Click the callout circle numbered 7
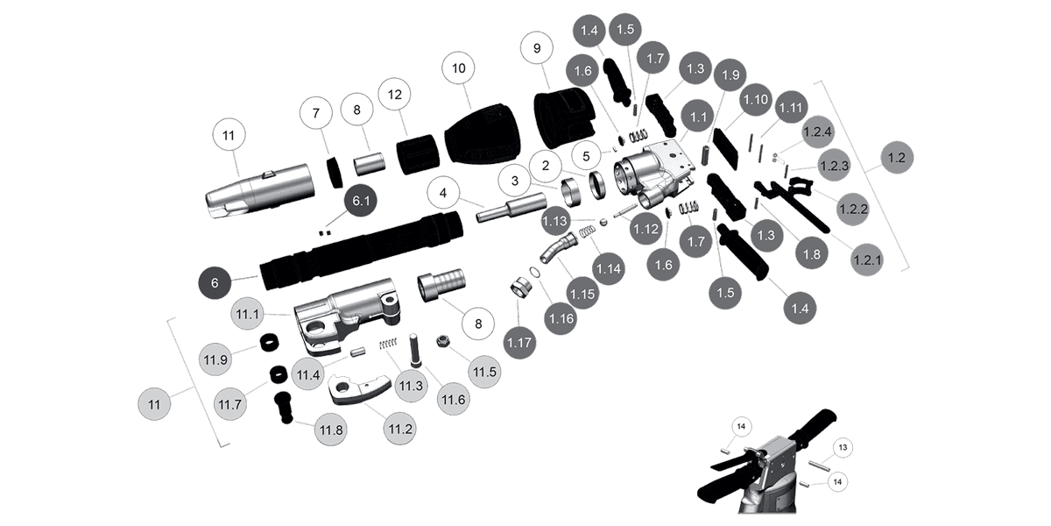click(x=317, y=113)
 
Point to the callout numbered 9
click(x=535, y=49)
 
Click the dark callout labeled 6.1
click(x=360, y=201)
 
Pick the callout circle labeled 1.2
click(x=896, y=159)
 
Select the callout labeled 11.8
click(x=332, y=430)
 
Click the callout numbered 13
click(x=843, y=448)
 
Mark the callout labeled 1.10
click(x=755, y=102)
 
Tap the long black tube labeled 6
click(x=359, y=249)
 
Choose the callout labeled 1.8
click(x=811, y=255)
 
